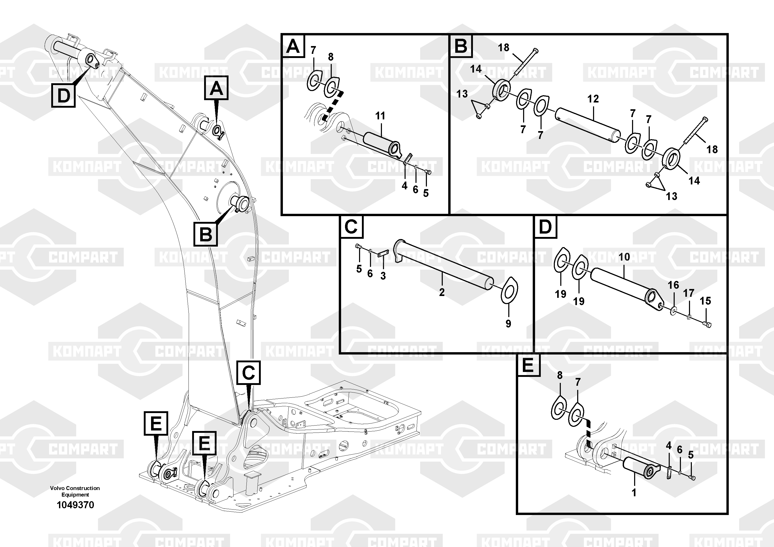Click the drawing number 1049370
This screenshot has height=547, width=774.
[x=75, y=505]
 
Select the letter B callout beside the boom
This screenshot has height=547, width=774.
[x=206, y=234]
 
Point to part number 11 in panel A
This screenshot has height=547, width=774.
[x=380, y=116]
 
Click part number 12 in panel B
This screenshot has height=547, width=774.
[x=593, y=99]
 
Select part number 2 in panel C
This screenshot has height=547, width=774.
[x=442, y=292]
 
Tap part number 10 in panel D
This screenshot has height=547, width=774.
[x=624, y=257]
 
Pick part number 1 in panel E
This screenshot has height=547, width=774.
[x=634, y=493]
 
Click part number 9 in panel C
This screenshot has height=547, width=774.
[x=508, y=324]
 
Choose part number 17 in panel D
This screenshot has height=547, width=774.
[x=688, y=293]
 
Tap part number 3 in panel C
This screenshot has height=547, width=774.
[x=383, y=276]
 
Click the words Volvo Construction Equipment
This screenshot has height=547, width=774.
[x=75, y=491]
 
